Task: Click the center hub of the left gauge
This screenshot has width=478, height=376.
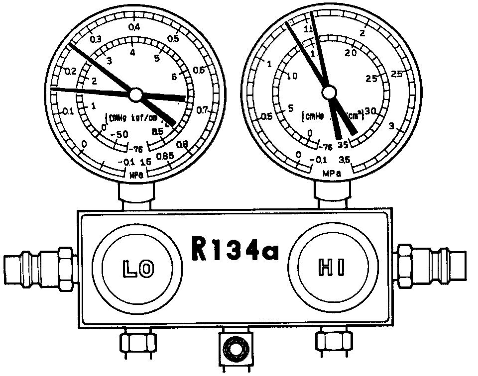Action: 135,94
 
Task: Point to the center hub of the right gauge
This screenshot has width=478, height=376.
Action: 328,93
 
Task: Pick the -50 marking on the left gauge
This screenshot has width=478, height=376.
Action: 119,135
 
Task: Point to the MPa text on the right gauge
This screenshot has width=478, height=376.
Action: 330,174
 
